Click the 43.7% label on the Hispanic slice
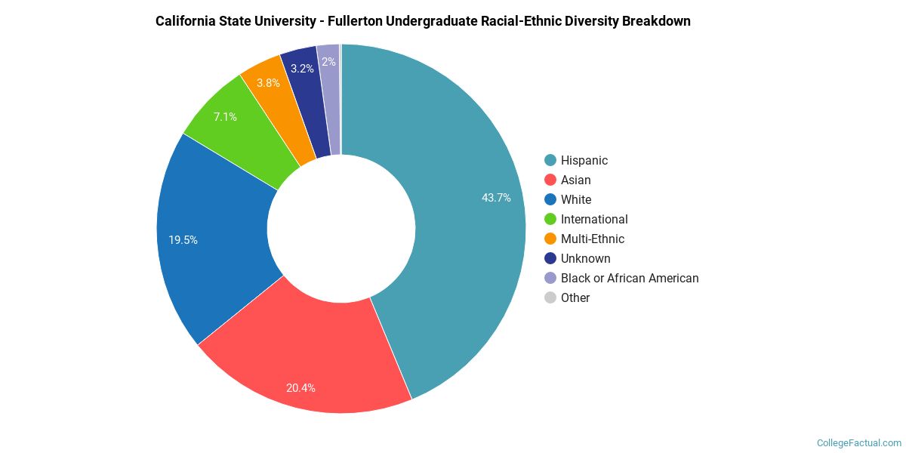point(496,198)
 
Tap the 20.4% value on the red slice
point(300,388)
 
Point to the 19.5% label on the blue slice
point(183,240)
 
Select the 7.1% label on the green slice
point(225,117)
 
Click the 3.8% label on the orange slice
point(268,82)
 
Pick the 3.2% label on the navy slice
point(302,69)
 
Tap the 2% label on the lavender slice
point(328,62)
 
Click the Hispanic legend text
point(584,160)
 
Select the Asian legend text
point(575,180)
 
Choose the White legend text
point(575,199)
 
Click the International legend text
point(594,219)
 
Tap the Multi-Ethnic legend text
point(592,239)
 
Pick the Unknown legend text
point(585,258)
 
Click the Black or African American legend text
point(630,278)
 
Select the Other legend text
point(575,297)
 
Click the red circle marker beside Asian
point(550,180)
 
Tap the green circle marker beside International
point(550,219)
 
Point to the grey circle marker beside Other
point(550,297)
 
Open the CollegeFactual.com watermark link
point(859,442)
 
